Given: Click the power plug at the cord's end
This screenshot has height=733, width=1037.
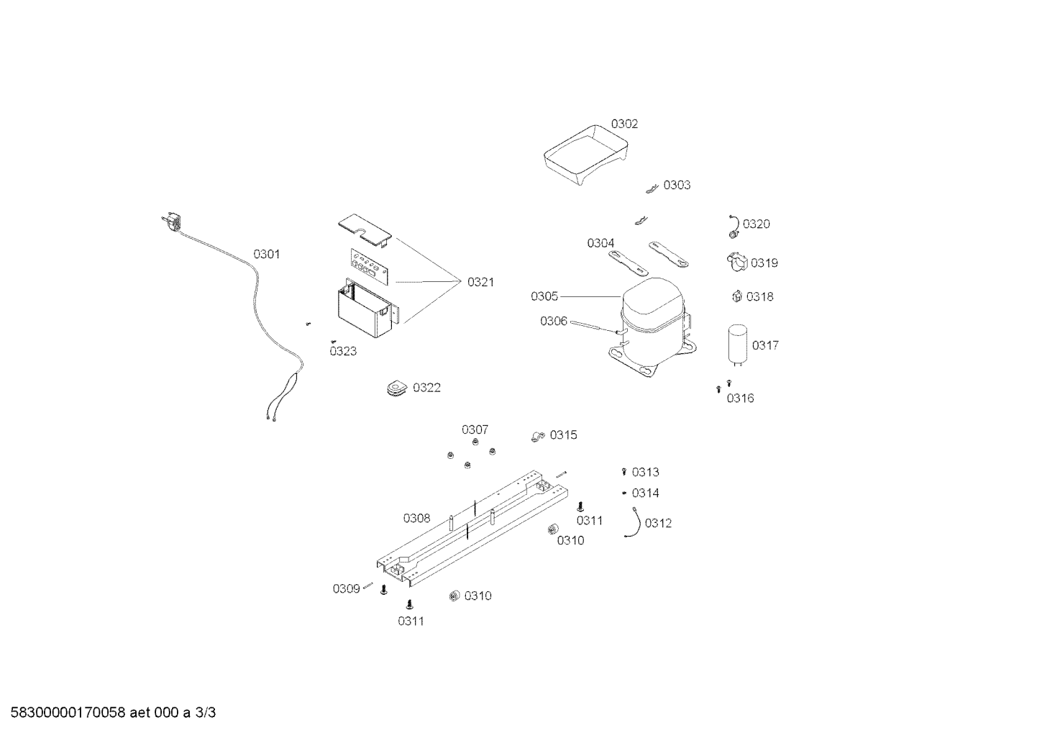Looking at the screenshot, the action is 172,222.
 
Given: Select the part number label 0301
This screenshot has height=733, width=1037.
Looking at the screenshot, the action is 267,254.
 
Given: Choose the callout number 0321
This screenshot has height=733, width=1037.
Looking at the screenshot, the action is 480,282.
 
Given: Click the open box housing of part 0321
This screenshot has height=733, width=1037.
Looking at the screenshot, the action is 367,309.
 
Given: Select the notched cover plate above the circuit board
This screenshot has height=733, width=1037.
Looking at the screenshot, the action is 365,230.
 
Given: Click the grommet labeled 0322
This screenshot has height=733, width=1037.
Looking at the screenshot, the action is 396,388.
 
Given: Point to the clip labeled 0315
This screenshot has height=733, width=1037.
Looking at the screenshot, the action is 538,436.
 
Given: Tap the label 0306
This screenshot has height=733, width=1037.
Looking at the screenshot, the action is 554,321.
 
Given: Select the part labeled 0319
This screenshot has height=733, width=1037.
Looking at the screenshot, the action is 737,263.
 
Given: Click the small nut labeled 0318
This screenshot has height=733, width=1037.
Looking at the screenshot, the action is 737,296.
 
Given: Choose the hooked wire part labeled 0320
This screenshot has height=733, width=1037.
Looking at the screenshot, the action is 734,227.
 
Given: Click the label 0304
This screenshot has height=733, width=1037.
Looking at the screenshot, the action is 600,243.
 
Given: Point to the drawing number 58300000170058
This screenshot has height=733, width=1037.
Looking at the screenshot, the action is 68,713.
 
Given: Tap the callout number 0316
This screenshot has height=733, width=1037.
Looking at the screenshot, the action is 740,399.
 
